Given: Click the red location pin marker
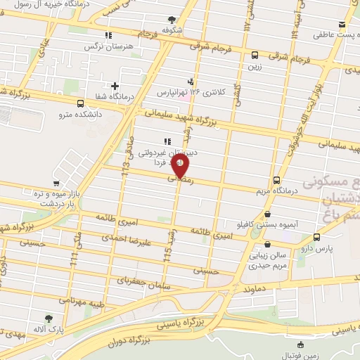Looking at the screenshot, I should point(181,166).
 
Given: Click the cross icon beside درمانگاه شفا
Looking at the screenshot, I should point(115,86).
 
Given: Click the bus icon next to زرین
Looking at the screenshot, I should point(255,55).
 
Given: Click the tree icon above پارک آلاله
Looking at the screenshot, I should point(49,318).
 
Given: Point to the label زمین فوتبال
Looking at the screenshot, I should point(302,356).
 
